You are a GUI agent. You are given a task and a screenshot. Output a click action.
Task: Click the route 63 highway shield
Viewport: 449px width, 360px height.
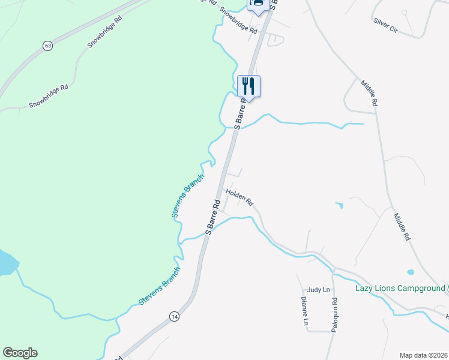[x=47, y=46]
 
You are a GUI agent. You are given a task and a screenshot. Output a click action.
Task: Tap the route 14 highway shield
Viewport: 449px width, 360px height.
[x=174, y=316]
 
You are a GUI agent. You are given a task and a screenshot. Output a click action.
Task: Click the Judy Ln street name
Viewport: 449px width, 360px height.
[x=318, y=290]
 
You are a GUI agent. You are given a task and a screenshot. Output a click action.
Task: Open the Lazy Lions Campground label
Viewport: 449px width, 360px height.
[x=400, y=289]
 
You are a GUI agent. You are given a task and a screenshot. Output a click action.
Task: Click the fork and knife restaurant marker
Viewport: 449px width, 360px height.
[x=249, y=86]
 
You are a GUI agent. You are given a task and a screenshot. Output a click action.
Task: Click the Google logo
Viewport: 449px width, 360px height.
[x=20, y=353]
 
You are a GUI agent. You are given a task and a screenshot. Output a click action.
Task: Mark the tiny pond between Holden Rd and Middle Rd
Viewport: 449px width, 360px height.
[x=340, y=206]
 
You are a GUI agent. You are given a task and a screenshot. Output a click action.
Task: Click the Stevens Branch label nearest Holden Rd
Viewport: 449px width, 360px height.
[x=188, y=196]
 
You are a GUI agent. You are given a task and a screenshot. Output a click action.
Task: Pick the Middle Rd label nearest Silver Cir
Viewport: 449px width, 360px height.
[x=369, y=93]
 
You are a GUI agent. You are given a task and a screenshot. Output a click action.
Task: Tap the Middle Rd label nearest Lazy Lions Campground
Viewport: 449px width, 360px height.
[x=402, y=227]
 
